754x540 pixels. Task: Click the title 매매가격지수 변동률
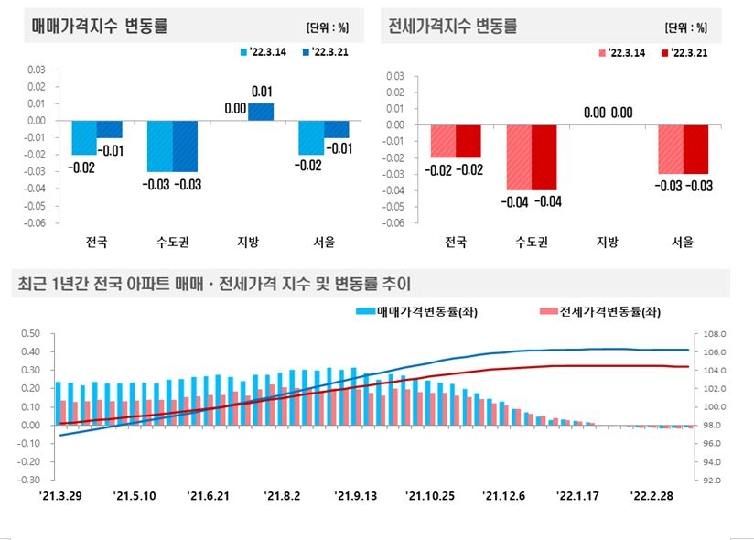100,26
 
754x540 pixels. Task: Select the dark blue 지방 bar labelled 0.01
261,112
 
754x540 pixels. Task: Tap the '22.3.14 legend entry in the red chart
622,53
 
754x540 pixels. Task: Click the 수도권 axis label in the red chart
532,243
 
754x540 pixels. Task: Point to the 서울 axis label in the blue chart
323,243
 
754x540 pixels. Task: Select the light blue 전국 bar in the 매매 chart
84,137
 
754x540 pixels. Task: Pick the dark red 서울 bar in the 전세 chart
695,149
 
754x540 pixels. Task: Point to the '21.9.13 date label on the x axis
357,495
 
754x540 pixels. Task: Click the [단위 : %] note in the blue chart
333,28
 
